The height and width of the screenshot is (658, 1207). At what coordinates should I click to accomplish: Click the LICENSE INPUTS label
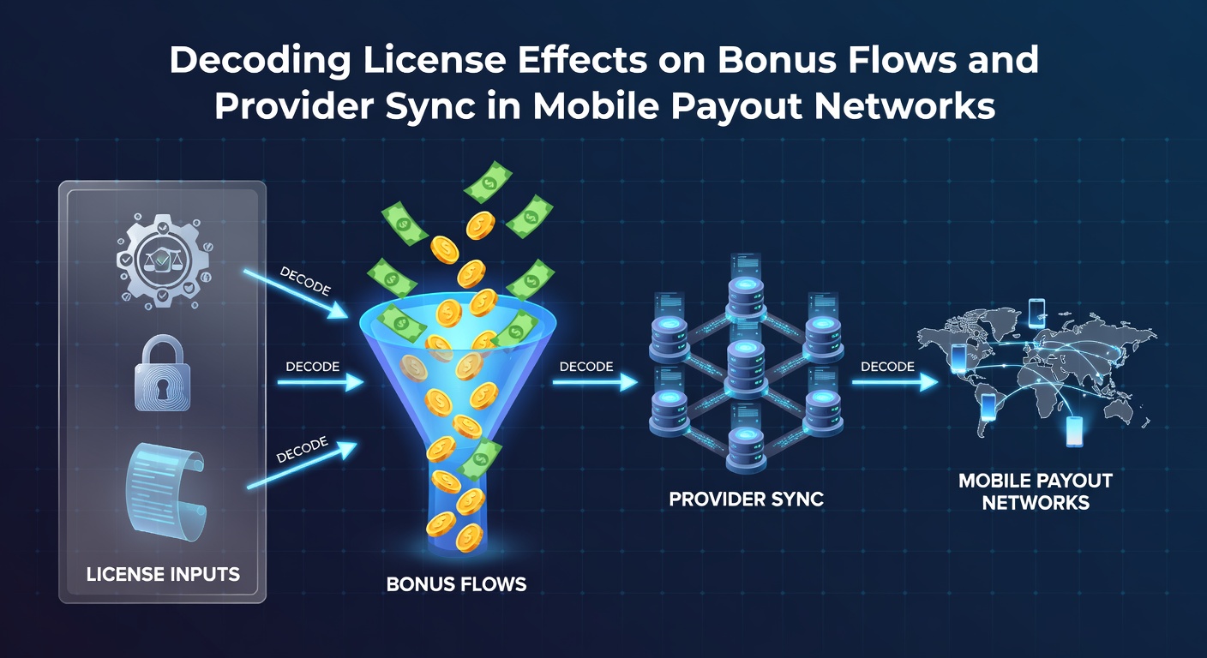point(163,574)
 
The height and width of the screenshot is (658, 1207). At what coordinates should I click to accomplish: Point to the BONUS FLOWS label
point(456,584)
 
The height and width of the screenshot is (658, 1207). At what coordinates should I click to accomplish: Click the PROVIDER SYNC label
point(747,499)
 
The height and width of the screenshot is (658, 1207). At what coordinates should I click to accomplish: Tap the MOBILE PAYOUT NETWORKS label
point(1035,492)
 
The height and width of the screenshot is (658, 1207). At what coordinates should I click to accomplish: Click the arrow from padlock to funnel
point(321,382)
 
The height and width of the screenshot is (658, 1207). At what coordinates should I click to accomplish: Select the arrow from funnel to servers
point(595,382)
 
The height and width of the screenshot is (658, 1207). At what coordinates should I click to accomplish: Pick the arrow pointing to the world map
point(895,382)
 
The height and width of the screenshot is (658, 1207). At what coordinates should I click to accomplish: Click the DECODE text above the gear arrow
point(305,281)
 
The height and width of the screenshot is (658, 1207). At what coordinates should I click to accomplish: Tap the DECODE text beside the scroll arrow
point(302,450)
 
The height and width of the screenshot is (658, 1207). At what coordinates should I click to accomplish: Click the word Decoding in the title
point(260,60)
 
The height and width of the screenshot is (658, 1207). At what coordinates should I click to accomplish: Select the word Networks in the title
point(904,106)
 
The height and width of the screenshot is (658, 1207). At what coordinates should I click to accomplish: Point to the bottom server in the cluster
point(747,450)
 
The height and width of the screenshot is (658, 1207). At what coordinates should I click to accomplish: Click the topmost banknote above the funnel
point(488,182)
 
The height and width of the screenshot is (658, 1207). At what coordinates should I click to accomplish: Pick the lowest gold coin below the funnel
point(469,537)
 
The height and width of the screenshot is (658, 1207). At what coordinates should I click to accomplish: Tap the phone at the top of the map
point(1036,314)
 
